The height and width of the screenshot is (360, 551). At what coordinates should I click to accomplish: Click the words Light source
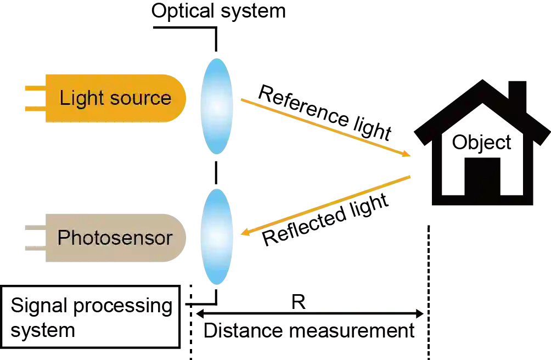coord(115,98)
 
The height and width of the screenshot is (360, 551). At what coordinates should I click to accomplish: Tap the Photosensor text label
coord(115,238)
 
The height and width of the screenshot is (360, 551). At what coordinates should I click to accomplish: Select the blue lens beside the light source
coord(217,104)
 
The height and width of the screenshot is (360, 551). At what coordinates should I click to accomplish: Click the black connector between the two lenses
coord(216,171)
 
